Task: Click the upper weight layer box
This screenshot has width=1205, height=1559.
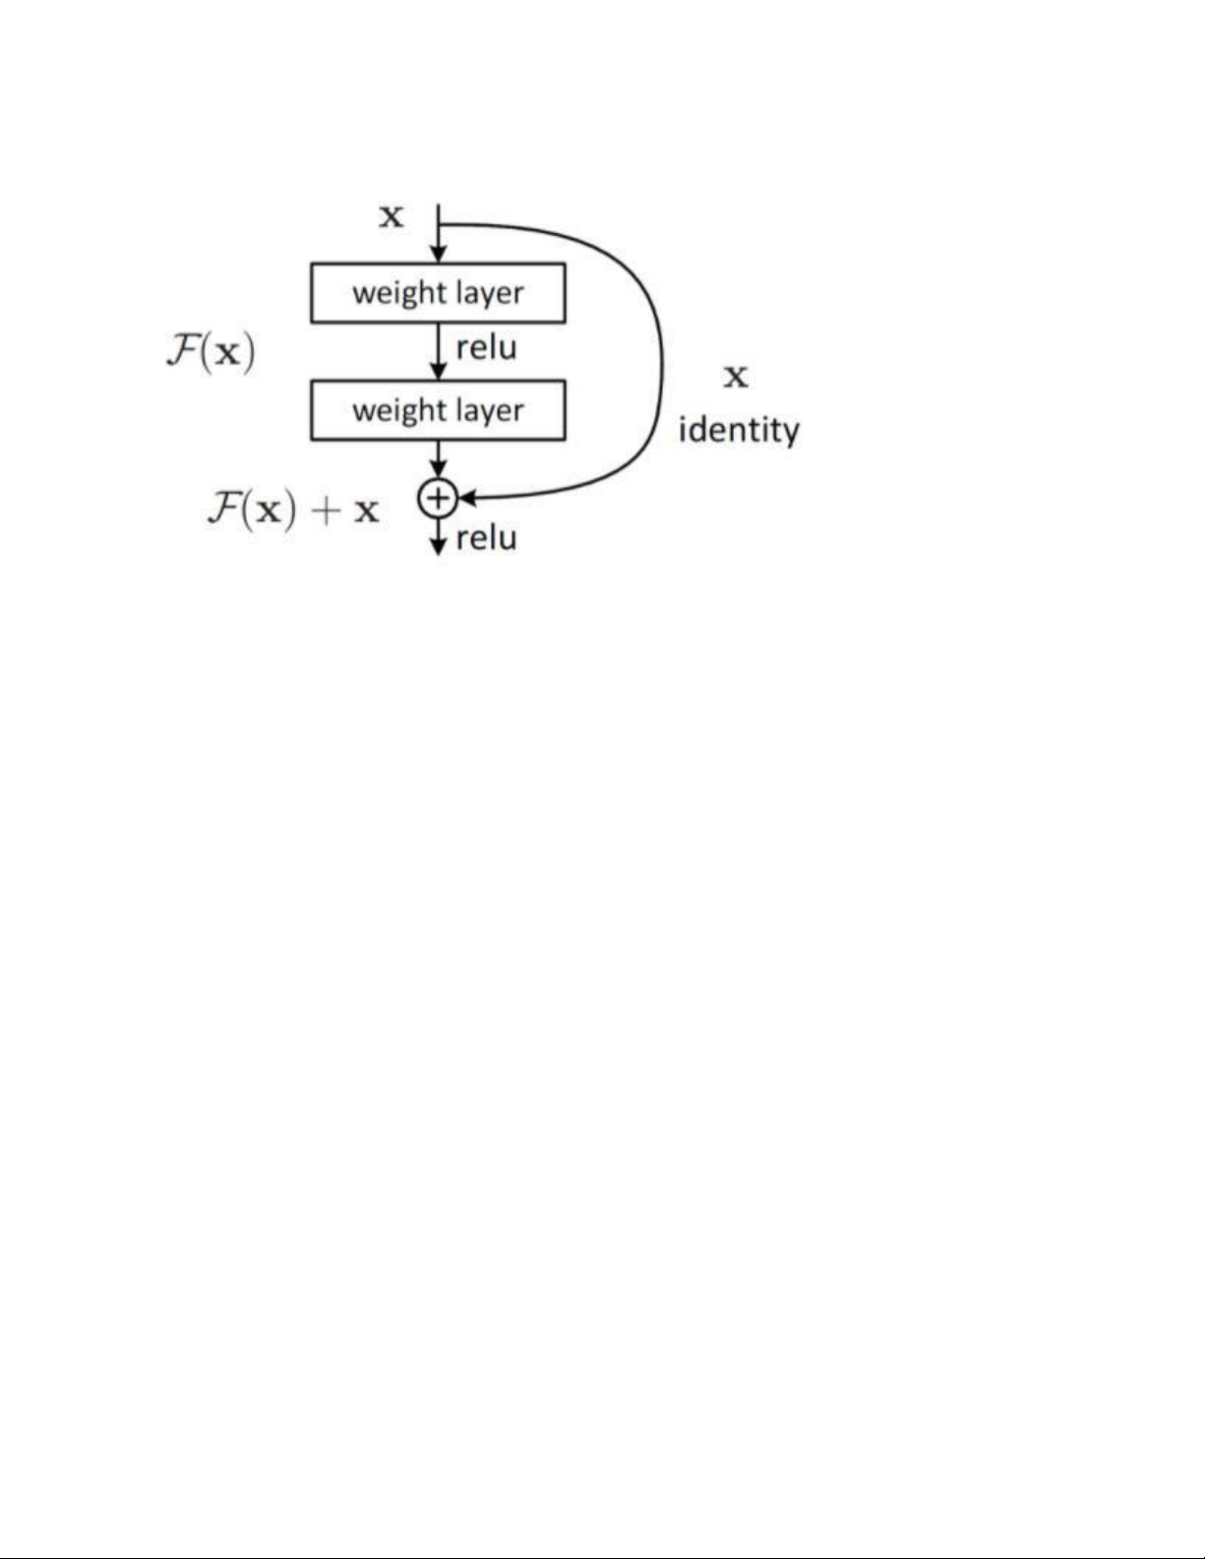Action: (x=438, y=293)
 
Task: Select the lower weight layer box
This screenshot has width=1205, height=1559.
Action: (x=438, y=410)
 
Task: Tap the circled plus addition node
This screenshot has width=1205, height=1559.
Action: (x=438, y=499)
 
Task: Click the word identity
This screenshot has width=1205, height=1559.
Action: (x=739, y=431)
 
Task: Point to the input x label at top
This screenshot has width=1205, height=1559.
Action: (x=392, y=216)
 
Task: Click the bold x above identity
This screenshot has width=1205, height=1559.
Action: (x=736, y=377)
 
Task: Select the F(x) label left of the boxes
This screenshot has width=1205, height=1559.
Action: (x=211, y=352)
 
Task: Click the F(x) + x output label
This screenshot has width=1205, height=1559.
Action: (x=292, y=510)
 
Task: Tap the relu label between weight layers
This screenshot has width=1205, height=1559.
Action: (x=486, y=348)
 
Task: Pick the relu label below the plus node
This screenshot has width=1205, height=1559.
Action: (x=486, y=538)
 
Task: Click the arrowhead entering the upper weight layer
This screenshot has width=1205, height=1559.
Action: (x=439, y=255)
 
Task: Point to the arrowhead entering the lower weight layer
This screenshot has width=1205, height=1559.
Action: (x=439, y=372)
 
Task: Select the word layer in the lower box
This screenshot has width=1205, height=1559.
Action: (x=489, y=410)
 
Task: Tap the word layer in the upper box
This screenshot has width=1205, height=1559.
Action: (x=489, y=293)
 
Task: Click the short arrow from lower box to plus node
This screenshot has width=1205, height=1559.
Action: (x=439, y=458)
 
